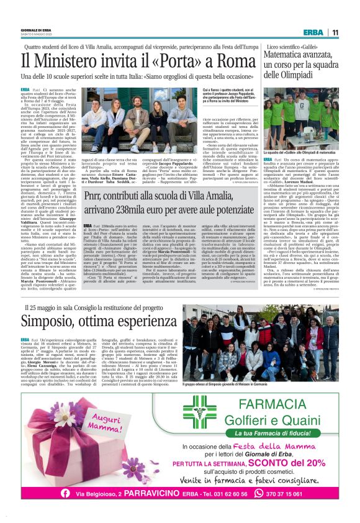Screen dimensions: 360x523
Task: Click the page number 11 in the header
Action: click(x=335, y=33)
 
